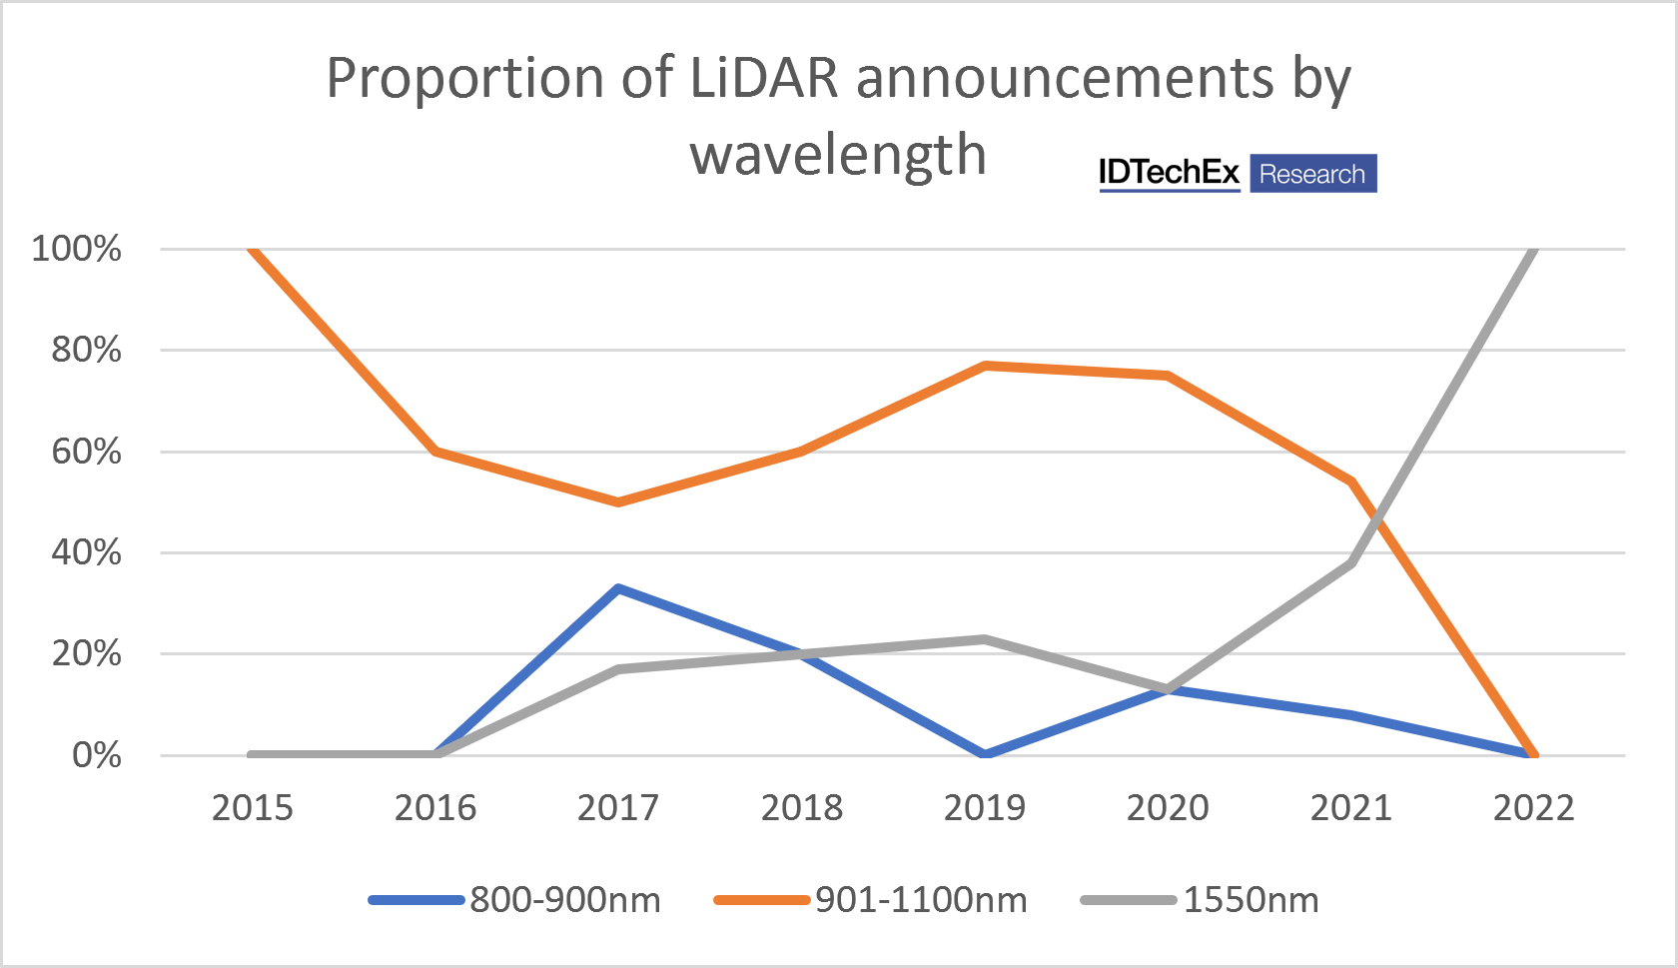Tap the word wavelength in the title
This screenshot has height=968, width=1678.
(837, 155)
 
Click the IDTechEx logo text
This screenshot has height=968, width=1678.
(1169, 173)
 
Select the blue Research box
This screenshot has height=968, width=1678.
(1312, 174)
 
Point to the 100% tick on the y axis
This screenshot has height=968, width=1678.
(77, 249)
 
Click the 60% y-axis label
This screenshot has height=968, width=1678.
(86, 452)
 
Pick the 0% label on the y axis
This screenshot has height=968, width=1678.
(97, 755)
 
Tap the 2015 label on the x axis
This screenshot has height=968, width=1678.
(253, 808)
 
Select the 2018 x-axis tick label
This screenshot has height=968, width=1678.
(802, 808)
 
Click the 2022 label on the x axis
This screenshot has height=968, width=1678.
(1533, 808)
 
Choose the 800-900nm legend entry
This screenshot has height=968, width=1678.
(514, 900)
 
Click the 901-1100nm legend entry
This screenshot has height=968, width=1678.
(870, 900)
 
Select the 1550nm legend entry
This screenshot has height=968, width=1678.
(1200, 900)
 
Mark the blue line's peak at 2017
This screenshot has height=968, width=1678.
(619, 588)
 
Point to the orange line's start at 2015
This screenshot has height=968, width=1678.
(253, 249)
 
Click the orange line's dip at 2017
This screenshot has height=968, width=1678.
(619, 501)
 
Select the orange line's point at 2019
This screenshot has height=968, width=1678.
(985, 366)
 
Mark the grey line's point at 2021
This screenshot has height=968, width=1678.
(1351, 562)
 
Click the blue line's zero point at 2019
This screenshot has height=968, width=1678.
(985, 754)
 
